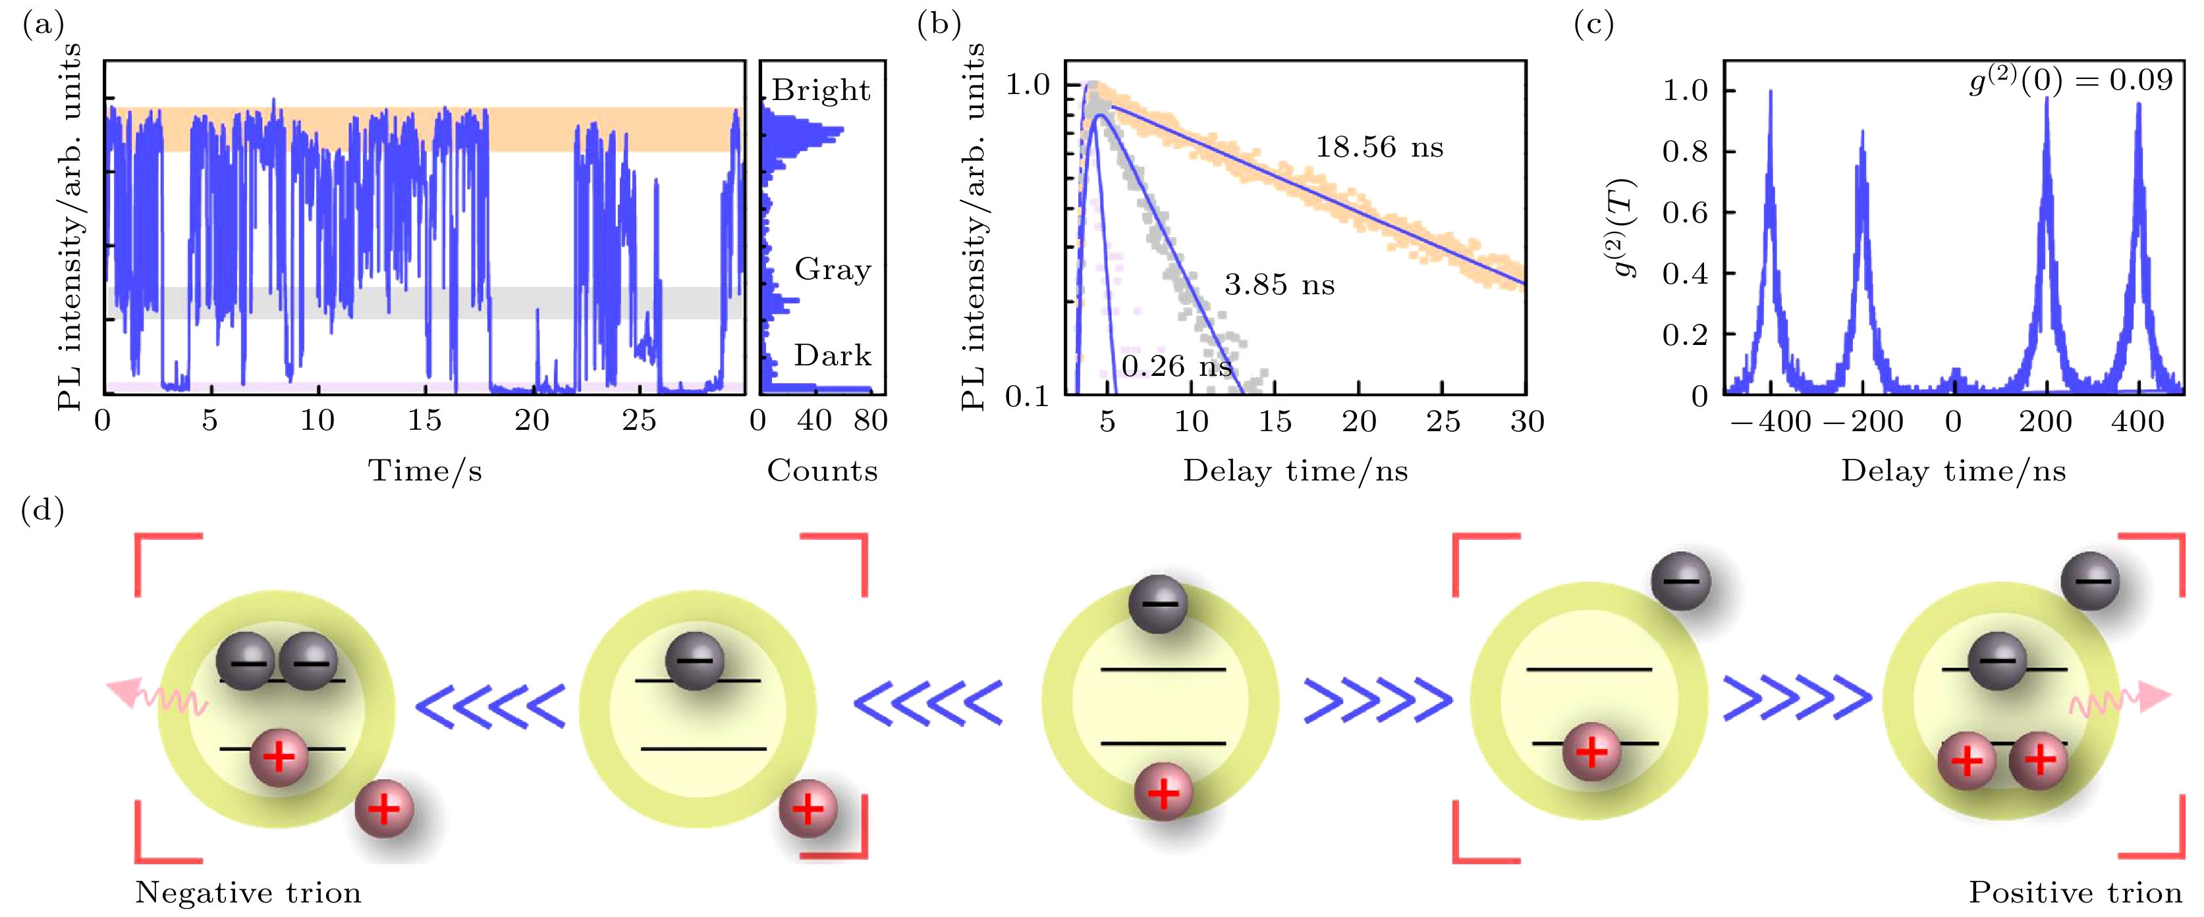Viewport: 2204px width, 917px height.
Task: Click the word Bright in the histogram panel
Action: pyautogui.click(x=821, y=90)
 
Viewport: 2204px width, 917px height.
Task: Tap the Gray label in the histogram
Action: pyautogui.click(x=832, y=269)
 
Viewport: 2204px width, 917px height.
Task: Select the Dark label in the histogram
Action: pyautogui.click(x=832, y=354)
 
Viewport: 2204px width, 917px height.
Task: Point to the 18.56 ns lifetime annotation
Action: pyautogui.click(x=1379, y=147)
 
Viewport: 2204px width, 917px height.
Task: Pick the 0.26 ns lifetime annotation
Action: pyautogui.click(x=1176, y=366)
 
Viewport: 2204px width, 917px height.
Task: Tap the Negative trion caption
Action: pyautogui.click(x=248, y=892)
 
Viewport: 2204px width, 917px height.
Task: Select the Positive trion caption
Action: pyautogui.click(x=2075, y=892)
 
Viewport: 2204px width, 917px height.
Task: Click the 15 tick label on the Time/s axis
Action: pyautogui.click(x=424, y=420)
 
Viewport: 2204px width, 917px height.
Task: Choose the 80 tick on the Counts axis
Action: pyautogui.click(x=870, y=420)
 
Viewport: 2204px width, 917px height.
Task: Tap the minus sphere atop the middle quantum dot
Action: pyautogui.click(x=1157, y=604)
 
